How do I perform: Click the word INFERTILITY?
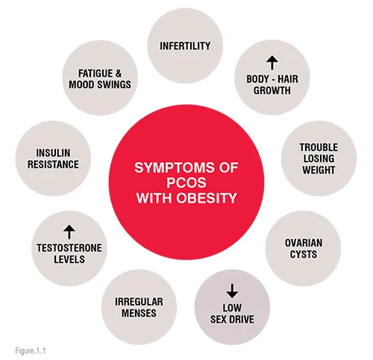[x=185, y=46]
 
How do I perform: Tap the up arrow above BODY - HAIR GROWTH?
[x=272, y=63]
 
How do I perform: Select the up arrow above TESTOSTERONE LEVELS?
[x=69, y=232]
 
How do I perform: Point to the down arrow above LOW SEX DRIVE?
[x=232, y=291]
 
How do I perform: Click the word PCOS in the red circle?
[x=186, y=183]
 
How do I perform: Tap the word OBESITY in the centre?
[x=207, y=198]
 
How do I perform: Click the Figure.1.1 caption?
[x=31, y=350]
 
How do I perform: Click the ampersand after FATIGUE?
[x=119, y=74]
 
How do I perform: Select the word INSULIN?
[x=53, y=153]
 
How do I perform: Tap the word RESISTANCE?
[x=53, y=165]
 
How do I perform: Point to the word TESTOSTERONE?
[x=69, y=248]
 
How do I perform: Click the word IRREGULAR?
[x=139, y=302]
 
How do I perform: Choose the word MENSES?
[x=139, y=313]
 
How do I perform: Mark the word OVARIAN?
[x=304, y=243]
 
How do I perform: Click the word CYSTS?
[x=304, y=254]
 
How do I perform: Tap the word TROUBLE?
[x=319, y=148]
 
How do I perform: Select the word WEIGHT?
[x=319, y=170]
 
